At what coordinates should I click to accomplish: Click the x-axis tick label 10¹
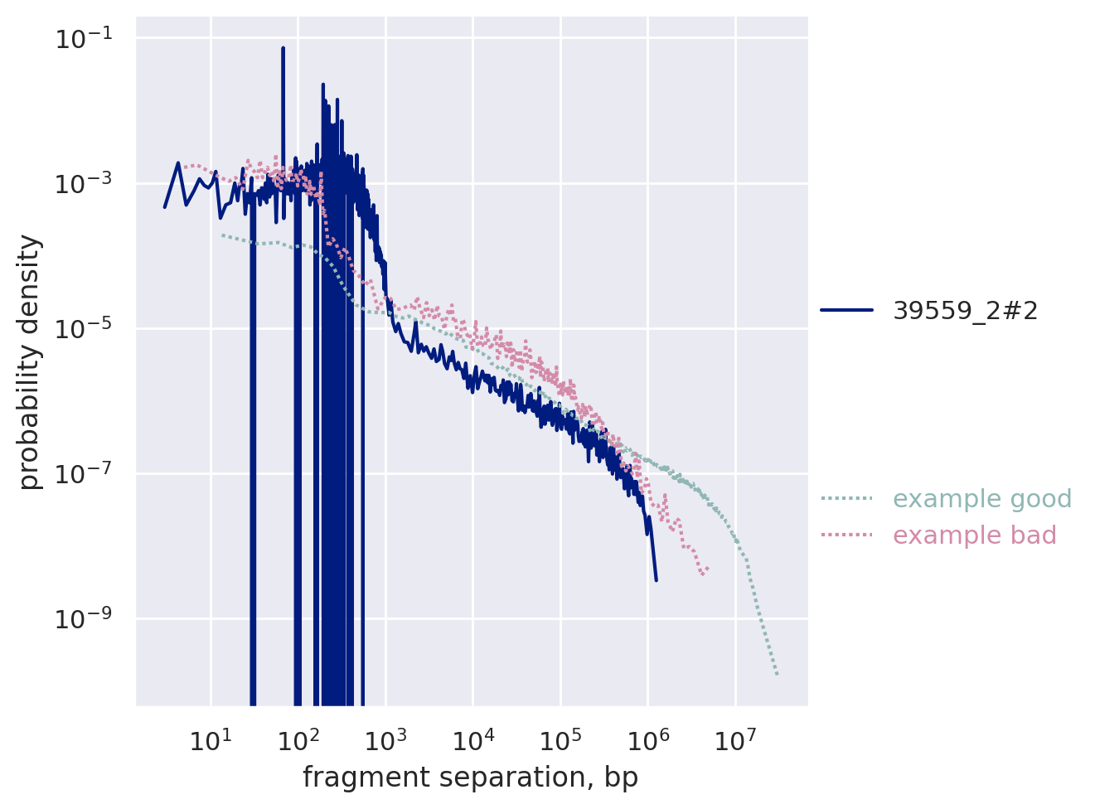coord(211,739)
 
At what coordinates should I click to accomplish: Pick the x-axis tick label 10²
coord(298,739)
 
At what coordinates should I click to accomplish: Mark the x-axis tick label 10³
coord(385,739)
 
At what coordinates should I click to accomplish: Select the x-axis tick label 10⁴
coord(473,739)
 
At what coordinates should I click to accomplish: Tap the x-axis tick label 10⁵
coord(560,739)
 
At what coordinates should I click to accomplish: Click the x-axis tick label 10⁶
coord(647,739)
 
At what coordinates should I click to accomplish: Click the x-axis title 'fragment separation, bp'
coord(470,778)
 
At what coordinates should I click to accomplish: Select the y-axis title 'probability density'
coord(30,362)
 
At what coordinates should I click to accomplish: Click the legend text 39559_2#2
coord(965,311)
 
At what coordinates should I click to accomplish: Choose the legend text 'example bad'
coord(974,535)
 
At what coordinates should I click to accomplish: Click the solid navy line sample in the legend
coord(846,310)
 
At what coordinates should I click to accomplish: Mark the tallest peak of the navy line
coord(283,49)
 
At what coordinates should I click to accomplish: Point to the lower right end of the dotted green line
coord(778,675)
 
